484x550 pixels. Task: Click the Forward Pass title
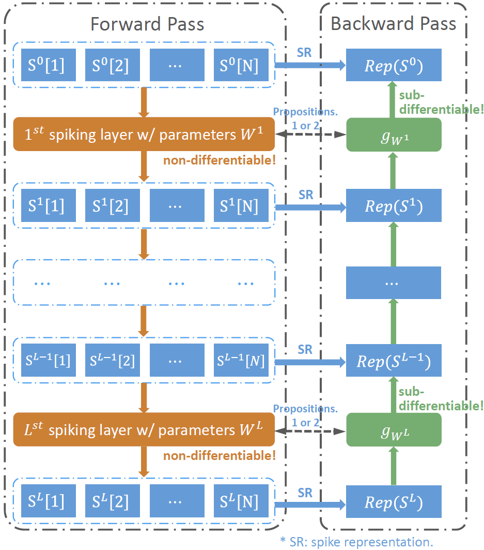147,24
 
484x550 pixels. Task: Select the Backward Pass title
393,24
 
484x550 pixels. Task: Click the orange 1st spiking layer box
144,134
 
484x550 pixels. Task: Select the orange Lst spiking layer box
144,430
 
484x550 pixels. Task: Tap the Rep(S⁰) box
394,66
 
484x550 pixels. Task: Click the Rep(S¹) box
394,206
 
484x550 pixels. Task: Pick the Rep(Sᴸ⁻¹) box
394,360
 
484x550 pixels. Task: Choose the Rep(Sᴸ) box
394,501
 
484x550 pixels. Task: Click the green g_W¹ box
394,135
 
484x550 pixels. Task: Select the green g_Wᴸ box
394,430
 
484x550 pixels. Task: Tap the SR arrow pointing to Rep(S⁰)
310,65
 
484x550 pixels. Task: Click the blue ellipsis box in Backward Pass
394,283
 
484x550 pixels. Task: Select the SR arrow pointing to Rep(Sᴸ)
310,502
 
